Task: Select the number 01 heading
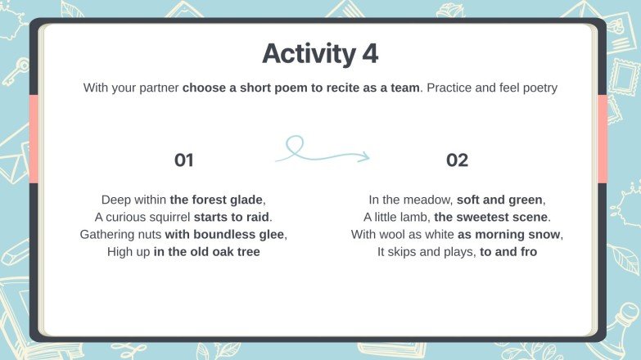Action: pos(184,160)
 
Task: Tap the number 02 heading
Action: pos(457,160)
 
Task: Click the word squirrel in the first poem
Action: pos(165,217)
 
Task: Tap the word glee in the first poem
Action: pos(273,234)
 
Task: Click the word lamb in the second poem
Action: pos(415,217)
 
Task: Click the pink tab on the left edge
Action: pos(34,138)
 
